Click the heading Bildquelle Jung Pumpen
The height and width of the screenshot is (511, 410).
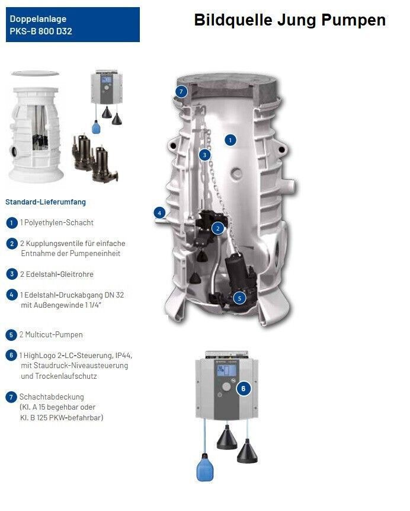click(290, 20)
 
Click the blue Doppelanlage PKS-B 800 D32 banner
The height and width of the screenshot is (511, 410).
click(73, 25)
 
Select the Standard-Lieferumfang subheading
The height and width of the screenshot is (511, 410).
click(46, 202)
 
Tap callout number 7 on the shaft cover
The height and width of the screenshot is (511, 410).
click(181, 91)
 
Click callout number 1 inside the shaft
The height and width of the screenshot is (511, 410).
click(230, 140)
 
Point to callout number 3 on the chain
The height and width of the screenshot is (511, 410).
click(204, 155)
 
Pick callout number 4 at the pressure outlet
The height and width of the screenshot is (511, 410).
click(159, 213)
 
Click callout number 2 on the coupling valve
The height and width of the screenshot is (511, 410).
click(217, 228)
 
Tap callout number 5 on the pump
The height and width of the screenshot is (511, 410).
click(239, 298)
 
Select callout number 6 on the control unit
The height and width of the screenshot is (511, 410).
click(244, 388)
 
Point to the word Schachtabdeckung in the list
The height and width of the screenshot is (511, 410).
click(52, 397)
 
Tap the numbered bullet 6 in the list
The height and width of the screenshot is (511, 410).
click(11, 355)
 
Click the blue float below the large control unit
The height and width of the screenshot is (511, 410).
click(205, 467)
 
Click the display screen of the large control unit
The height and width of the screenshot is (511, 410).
click(227, 371)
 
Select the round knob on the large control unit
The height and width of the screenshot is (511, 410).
click(226, 387)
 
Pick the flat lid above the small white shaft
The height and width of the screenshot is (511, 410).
click(35, 74)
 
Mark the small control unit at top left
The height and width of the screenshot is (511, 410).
click(107, 87)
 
